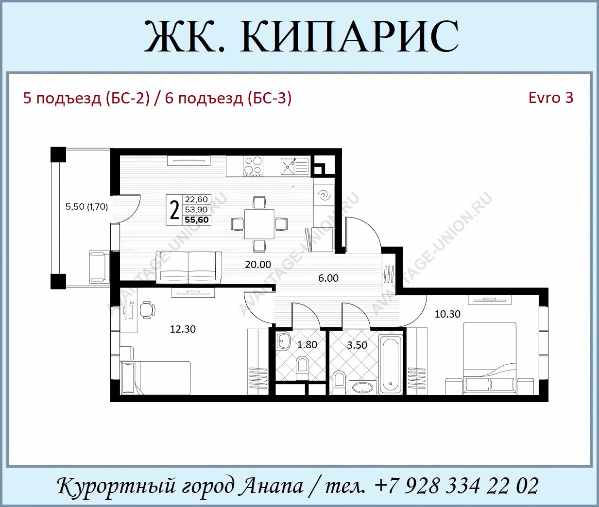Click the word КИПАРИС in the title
(x=349, y=36)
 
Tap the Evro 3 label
(x=550, y=98)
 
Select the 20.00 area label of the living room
(x=258, y=265)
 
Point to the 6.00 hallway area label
(x=328, y=278)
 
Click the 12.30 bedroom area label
(x=183, y=329)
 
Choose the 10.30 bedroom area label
(x=447, y=314)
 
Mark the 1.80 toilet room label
(x=307, y=345)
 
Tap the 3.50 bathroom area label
(x=357, y=345)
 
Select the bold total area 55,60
(x=197, y=220)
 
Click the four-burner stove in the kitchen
(x=254, y=166)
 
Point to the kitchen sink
(x=294, y=166)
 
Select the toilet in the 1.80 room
(x=303, y=367)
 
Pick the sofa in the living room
(x=188, y=268)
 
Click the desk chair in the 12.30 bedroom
(x=148, y=310)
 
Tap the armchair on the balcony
(x=99, y=267)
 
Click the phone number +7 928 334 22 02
(x=457, y=486)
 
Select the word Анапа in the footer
(x=272, y=486)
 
